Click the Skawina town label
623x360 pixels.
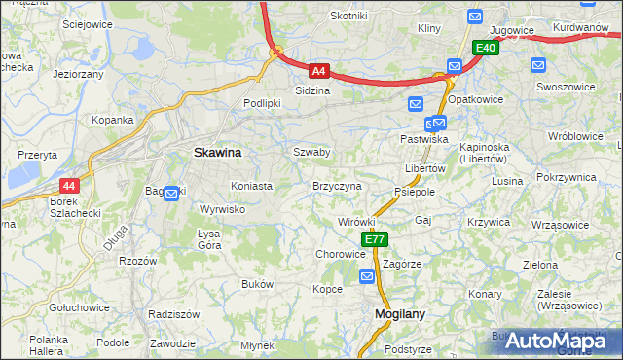click(x=218, y=153)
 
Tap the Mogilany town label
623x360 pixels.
click(x=398, y=314)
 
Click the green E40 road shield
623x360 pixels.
click(x=487, y=48)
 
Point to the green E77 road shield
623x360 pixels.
click(x=375, y=239)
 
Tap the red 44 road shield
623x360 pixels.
click(x=68, y=185)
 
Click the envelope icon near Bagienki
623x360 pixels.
click(x=172, y=193)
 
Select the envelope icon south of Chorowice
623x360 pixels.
click(x=367, y=277)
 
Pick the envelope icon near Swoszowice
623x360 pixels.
click(x=538, y=65)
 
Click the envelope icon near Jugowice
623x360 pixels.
click(x=474, y=17)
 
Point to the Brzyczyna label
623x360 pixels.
click(x=337, y=185)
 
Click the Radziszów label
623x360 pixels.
click(x=174, y=314)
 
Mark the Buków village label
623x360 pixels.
click(x=257, y=284)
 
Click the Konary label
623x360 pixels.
click(x=484, y=293)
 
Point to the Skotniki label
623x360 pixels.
click(x=348, y=16)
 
